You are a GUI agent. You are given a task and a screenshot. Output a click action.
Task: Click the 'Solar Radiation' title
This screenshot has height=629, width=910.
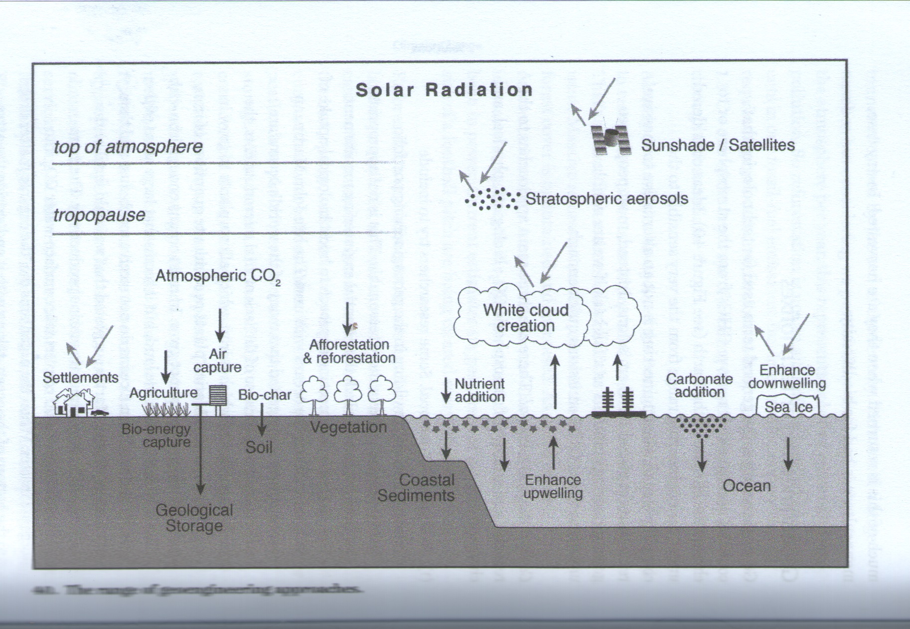coord(444,90)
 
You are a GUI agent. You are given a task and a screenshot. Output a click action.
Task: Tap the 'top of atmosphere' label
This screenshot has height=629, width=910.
coord(128,147)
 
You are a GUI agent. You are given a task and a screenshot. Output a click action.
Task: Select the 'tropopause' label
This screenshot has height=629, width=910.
coord(99,215)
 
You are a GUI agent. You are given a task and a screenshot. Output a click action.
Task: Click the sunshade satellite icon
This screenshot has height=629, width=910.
coord(610,140)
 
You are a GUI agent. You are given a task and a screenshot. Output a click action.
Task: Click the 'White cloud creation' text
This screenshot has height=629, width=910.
coord(525,318)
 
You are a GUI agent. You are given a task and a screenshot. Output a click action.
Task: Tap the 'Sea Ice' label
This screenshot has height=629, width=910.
coord(788,407)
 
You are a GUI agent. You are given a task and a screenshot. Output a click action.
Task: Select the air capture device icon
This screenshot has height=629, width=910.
coord(218,395)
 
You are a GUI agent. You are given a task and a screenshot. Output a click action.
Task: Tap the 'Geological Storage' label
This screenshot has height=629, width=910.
coord(194,518)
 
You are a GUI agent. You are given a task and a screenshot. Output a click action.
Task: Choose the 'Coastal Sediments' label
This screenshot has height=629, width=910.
coord(416,487)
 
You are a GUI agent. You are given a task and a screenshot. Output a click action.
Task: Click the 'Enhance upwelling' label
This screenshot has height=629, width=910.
coord(553,486)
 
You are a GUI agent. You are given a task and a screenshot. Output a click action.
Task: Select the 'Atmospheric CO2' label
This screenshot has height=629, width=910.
coord(218,276)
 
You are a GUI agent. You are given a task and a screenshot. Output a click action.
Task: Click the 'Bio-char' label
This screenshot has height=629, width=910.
coord(265,395)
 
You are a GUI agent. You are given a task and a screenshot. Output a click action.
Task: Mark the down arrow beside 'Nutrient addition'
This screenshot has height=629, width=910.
coord(447,390)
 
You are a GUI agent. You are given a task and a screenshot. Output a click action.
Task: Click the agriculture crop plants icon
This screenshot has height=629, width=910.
coord(166,410)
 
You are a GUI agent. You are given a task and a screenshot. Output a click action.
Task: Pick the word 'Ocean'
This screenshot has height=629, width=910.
coord(747,485)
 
